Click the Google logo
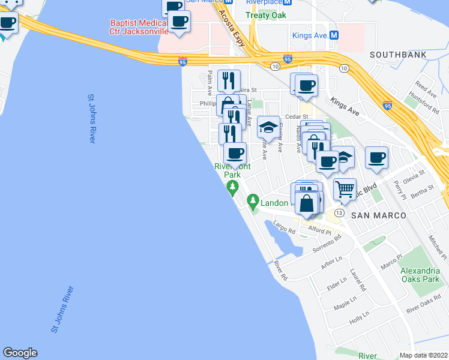20,353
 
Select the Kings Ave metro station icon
334,35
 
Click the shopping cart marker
345,190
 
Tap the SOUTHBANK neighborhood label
398,55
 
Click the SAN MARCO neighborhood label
378,215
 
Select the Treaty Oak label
266,15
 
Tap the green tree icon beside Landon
253,199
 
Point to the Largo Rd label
285,227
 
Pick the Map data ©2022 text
424,355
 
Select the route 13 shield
339,214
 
